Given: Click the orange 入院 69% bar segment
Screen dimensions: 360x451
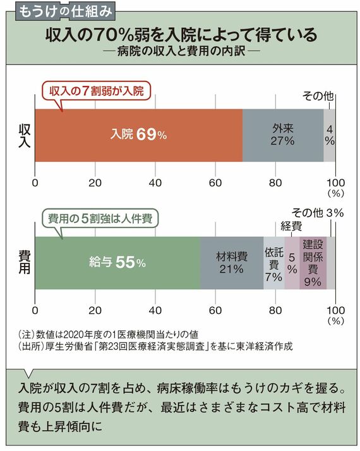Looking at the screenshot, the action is [x=138, y=135].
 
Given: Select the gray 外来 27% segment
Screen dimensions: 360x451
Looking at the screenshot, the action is [x=283, y=135].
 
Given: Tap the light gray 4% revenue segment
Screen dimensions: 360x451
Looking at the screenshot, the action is [x=330, y=135].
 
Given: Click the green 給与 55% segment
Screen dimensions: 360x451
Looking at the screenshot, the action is [x=117, y=263].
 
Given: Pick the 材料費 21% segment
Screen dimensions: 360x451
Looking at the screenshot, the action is [x=232, y=263].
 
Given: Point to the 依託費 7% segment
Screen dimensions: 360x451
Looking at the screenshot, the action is [x=274, y=263].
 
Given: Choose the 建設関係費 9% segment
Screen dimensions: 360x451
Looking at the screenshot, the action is [x=313, y=263].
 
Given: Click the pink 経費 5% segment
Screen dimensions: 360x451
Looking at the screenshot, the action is [x=292, y=263].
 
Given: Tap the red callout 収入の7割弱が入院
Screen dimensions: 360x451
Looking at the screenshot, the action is [x=97, y=92].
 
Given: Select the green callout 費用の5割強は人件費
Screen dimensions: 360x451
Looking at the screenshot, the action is [x=100, y=219].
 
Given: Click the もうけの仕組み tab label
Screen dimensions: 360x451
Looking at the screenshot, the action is [x=65, y=12].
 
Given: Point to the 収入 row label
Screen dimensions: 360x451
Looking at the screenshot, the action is [x=25, y=136].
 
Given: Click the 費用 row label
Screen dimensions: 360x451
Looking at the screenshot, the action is [x=25, y=262].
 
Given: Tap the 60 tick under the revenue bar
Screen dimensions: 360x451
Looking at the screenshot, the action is [x=215, y=183].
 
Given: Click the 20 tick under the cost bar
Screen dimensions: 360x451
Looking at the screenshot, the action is [x=95, y=310].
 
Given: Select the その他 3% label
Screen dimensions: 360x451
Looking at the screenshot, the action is [x=318, y=213].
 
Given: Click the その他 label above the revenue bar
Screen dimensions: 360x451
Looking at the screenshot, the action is [x=318, y=96].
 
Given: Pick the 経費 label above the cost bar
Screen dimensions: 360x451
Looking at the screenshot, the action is [x=291, y=226].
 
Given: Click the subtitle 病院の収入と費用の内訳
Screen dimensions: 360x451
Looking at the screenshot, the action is [x=181, y=51].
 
